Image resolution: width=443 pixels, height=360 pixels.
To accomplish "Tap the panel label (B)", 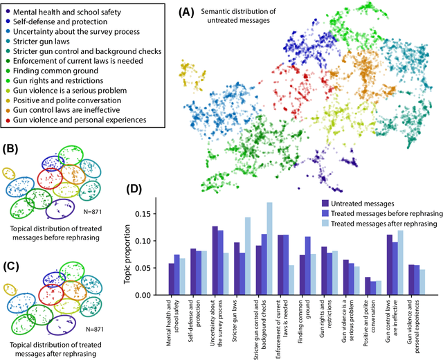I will point(12,147).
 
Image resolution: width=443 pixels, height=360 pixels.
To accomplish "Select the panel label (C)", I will point(12,247).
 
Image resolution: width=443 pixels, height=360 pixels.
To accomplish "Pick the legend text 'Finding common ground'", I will point(62,70).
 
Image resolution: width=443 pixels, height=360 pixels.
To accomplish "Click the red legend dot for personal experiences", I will point(8,120).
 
